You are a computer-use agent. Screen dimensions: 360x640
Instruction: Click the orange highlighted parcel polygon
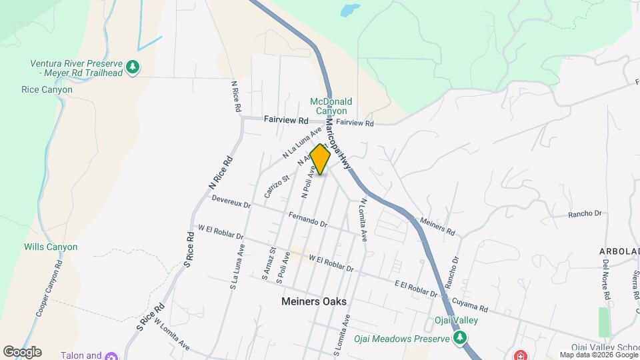pos(321,160)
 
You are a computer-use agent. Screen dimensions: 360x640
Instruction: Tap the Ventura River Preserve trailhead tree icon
pos(133,67)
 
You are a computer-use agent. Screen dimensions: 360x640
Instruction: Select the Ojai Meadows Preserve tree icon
pos(459,338)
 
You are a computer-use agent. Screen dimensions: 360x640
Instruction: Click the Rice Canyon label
pos(47,89)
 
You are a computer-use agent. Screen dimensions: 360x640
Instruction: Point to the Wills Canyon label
pos(51,247)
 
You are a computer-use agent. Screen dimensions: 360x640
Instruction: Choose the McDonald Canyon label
pos(331,106)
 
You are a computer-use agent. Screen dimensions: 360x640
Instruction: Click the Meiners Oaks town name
pos(313,301)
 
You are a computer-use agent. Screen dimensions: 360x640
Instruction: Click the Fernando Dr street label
pos(307,219)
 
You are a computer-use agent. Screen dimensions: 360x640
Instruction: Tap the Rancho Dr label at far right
pos(585,214)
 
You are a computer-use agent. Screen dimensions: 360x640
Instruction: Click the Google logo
pos(22,351)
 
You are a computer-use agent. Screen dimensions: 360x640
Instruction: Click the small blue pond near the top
pos(349,11)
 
